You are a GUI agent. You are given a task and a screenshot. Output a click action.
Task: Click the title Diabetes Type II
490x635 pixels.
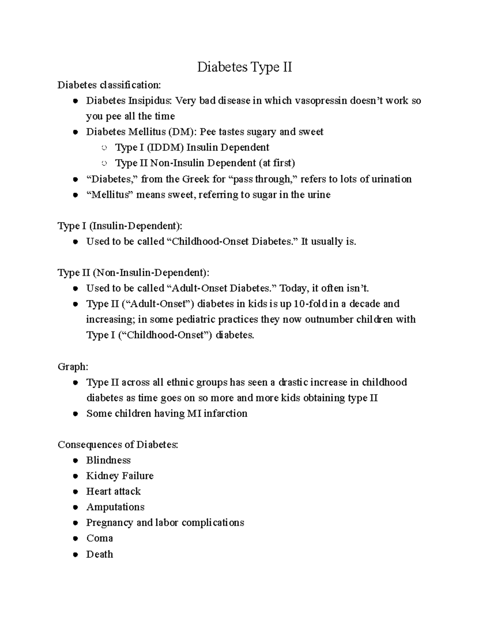(245, 67)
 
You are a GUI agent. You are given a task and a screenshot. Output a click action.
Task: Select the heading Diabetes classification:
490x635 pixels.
(109, 85)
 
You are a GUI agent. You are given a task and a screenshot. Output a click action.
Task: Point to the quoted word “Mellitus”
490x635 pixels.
(110, 195)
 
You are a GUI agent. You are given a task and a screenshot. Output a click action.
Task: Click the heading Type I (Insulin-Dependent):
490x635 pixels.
(120, 226)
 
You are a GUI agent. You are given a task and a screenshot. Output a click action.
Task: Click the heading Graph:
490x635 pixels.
(73, 367)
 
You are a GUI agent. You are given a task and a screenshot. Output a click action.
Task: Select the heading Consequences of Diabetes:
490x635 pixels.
(118, 444)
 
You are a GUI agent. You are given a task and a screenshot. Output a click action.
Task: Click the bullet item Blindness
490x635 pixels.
(108, 460)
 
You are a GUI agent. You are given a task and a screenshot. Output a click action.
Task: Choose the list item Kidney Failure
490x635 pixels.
(120, 476)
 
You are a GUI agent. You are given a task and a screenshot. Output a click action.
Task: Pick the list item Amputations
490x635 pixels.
(115, 507)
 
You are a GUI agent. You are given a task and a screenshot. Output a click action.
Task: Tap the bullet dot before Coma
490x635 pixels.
(75, 539)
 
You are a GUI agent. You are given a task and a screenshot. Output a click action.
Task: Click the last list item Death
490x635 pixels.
(99, 554)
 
